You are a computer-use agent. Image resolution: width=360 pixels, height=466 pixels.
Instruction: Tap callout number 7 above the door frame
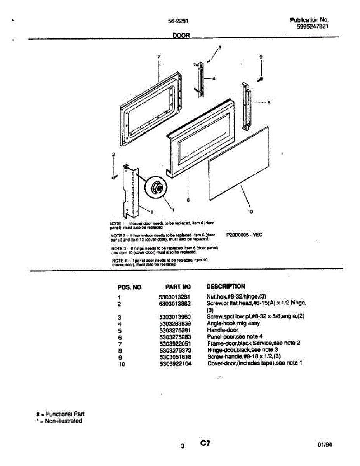159,57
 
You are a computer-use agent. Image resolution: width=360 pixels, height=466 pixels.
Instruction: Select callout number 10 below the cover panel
250,212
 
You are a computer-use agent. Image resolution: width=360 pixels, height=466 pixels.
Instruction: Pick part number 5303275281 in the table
175,330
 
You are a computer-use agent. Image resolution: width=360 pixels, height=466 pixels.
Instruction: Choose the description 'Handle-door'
223,330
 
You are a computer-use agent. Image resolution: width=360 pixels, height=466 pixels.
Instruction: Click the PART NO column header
178,287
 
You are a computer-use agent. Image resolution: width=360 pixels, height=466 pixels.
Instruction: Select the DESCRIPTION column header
226,287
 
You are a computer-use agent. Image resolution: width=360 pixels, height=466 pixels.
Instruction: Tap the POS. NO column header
129,287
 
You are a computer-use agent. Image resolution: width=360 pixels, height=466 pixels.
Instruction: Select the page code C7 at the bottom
205,443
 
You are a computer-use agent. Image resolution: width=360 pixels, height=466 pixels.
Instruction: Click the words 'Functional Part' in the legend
63,414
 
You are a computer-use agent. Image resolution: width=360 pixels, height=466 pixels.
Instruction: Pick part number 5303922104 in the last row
175,363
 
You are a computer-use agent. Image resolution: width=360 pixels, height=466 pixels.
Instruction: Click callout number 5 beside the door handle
269,103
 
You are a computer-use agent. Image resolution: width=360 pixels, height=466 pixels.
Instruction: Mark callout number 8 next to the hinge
152,212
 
